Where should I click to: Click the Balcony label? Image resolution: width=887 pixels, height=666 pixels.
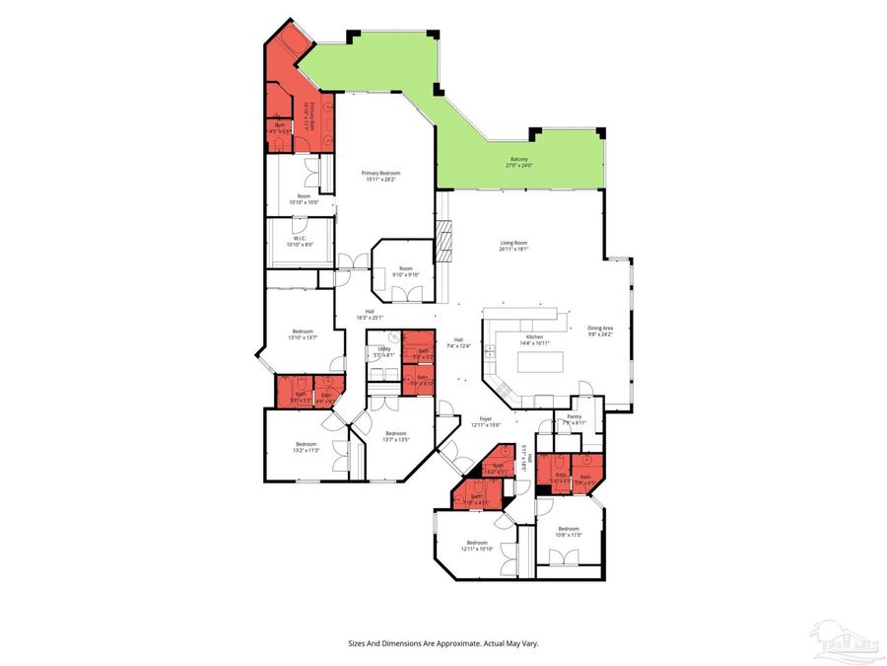518,162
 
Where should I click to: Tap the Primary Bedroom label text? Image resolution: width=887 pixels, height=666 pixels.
382,177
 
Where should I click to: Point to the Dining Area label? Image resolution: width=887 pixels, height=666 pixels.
600,332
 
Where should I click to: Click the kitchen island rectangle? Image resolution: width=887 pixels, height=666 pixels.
538,361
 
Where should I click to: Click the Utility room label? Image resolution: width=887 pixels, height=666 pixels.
384,351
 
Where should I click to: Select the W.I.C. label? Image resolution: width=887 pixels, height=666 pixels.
300,241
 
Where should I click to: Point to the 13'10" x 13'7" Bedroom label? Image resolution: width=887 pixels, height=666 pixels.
303,333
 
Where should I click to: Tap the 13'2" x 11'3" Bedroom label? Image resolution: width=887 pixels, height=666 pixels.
306,447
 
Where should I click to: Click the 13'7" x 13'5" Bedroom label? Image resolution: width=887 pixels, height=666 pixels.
396,437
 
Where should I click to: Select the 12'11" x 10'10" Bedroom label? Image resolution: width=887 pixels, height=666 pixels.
478,546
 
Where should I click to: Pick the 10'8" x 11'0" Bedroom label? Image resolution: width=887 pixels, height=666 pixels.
569,531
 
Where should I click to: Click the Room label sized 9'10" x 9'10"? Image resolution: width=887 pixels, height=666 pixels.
405,271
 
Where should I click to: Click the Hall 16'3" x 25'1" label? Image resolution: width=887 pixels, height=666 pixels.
370,315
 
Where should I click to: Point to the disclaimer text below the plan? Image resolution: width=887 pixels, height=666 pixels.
443,643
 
